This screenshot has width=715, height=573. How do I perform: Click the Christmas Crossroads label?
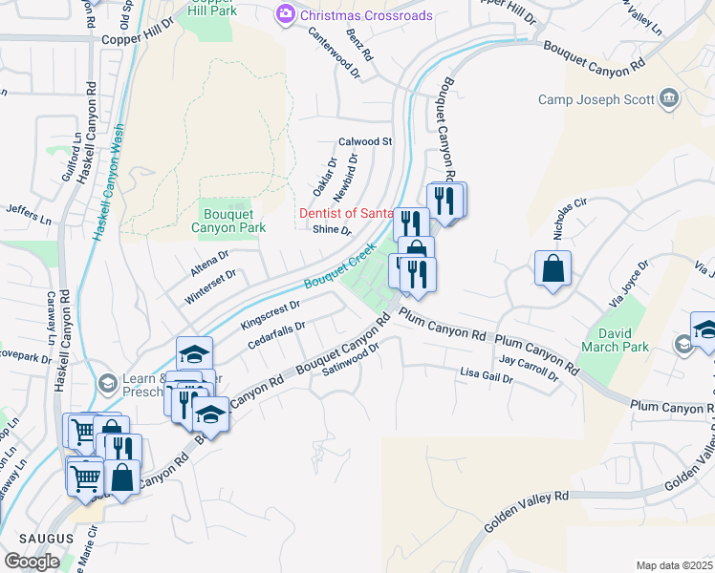coord(353,15)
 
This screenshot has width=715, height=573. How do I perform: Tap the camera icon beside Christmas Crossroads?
coord(283,14)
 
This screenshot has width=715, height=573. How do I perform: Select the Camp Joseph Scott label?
coord(596,99)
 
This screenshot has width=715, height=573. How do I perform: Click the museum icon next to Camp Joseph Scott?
coord(668,97)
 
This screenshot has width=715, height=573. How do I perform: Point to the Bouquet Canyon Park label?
coord(228,221)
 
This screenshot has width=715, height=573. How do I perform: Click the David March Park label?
coord(624,341)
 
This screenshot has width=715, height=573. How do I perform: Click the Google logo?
coord(32,562)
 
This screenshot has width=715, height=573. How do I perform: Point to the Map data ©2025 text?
coord(674,565)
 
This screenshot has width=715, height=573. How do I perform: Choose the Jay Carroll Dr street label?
coord(529,369)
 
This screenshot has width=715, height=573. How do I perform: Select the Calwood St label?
coord(365,141)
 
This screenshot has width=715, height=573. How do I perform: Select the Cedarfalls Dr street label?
coord(275,333)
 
